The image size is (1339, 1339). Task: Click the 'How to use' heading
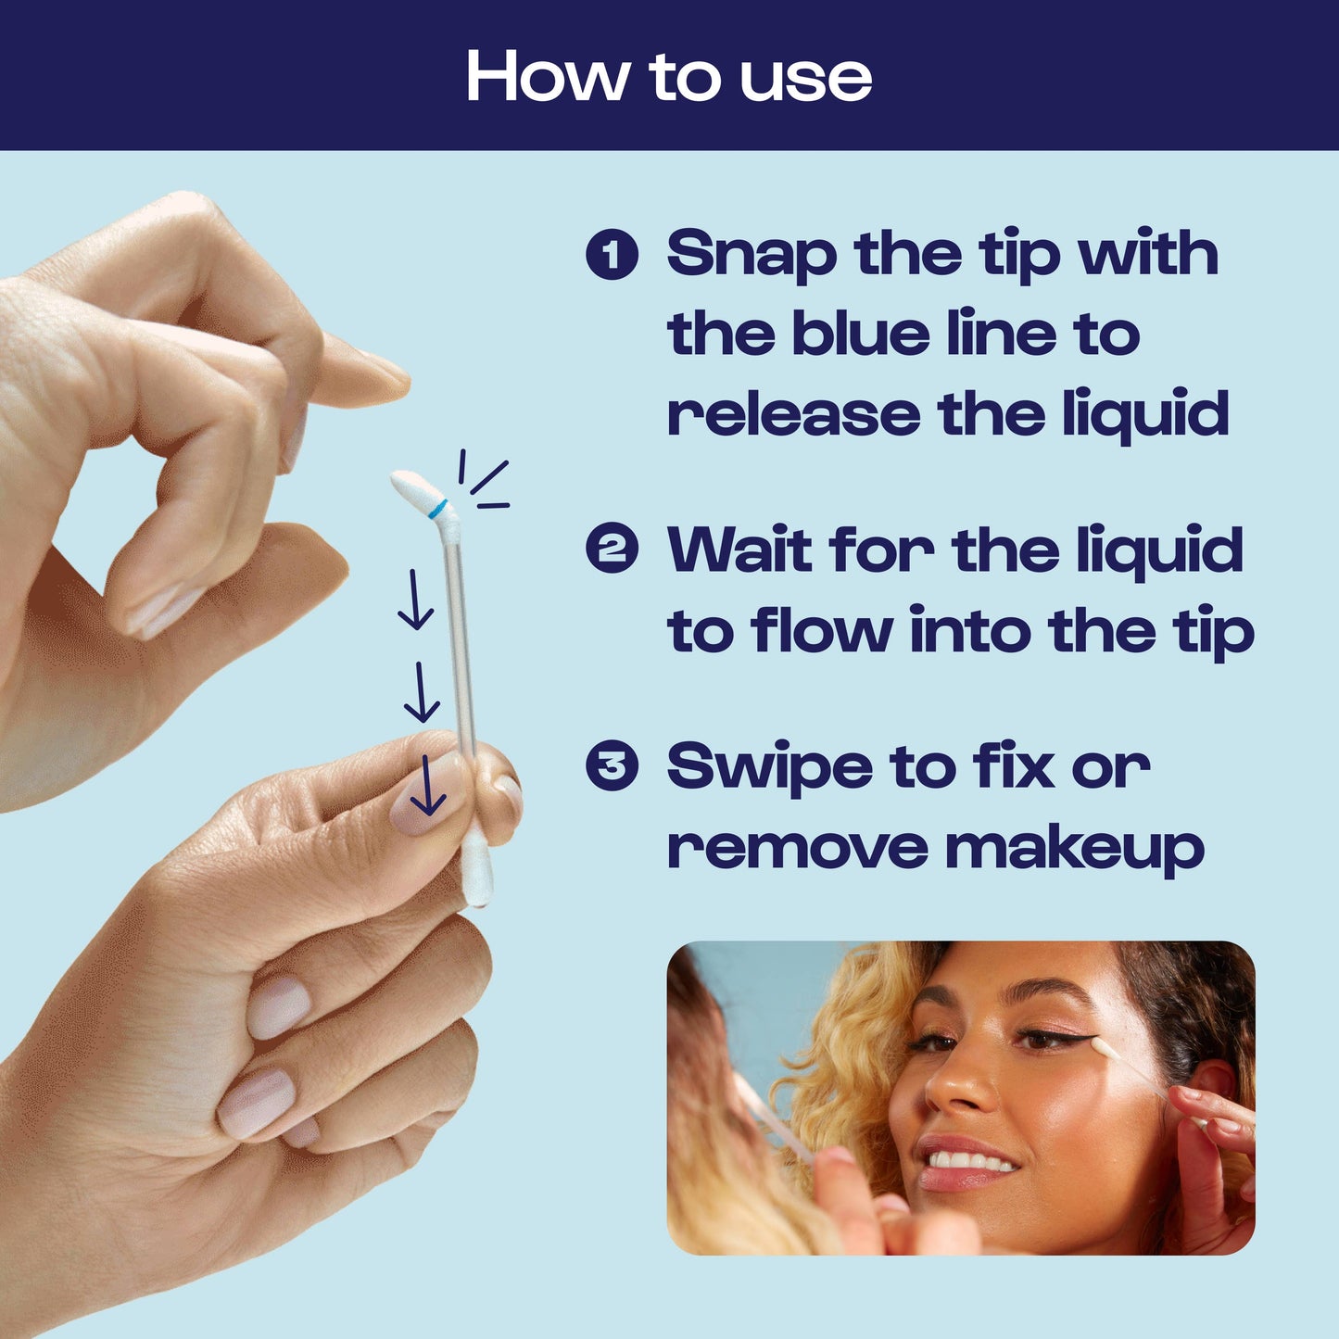tap(668, 76)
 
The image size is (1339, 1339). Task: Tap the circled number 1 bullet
tap(612, 254)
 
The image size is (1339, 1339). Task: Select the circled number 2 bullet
tap(612, 549)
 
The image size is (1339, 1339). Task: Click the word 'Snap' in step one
tap(751, 254)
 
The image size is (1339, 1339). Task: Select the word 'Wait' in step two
tap(739, 549)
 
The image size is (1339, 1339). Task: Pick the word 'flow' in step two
tap(822, 630)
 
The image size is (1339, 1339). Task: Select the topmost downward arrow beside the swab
tap(415, 600)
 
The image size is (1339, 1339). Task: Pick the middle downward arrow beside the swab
tap(422, 693)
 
